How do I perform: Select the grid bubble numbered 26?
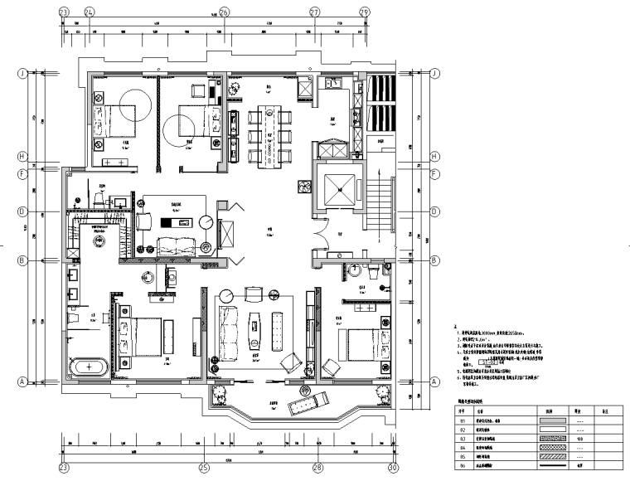click(223, 12)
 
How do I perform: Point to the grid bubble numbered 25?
click(203, 468)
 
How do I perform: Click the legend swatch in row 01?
click(549, 421)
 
